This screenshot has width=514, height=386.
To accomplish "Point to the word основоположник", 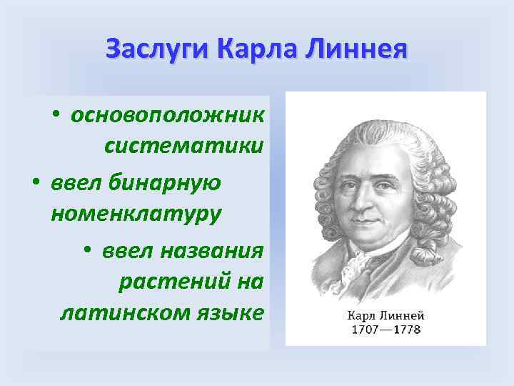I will pos(167,115).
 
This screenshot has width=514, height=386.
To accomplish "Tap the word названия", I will pos(214,251).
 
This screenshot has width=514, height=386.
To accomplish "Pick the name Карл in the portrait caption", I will pos(361,315).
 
